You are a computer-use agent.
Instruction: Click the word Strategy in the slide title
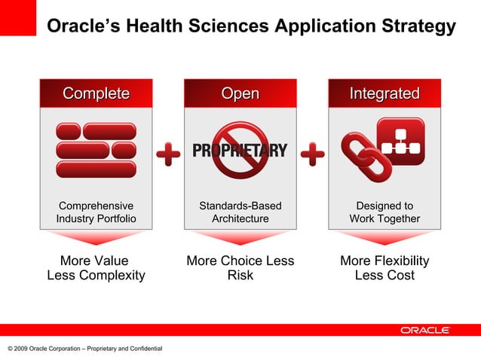(418, 26)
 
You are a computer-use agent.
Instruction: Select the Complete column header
(96, 93)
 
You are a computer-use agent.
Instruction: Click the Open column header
(240, 93)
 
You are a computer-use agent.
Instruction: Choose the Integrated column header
(384, 93)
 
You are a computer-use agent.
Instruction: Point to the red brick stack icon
(96, 150)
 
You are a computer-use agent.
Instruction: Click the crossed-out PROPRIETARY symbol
(240, 150)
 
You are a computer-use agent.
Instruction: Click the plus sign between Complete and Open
(168, 155)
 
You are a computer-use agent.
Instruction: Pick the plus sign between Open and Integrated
(313, 155)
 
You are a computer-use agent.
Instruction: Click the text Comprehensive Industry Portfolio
(96, 212)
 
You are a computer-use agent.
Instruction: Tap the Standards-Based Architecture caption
(240, 212)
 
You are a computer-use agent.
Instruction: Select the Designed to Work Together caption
(384, 212)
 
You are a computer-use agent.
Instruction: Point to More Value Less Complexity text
(96, 268)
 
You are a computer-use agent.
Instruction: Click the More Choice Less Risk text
(240, 268)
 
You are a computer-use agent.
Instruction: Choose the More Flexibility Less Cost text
(384, 268)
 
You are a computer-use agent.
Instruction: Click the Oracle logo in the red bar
(424, 330)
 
